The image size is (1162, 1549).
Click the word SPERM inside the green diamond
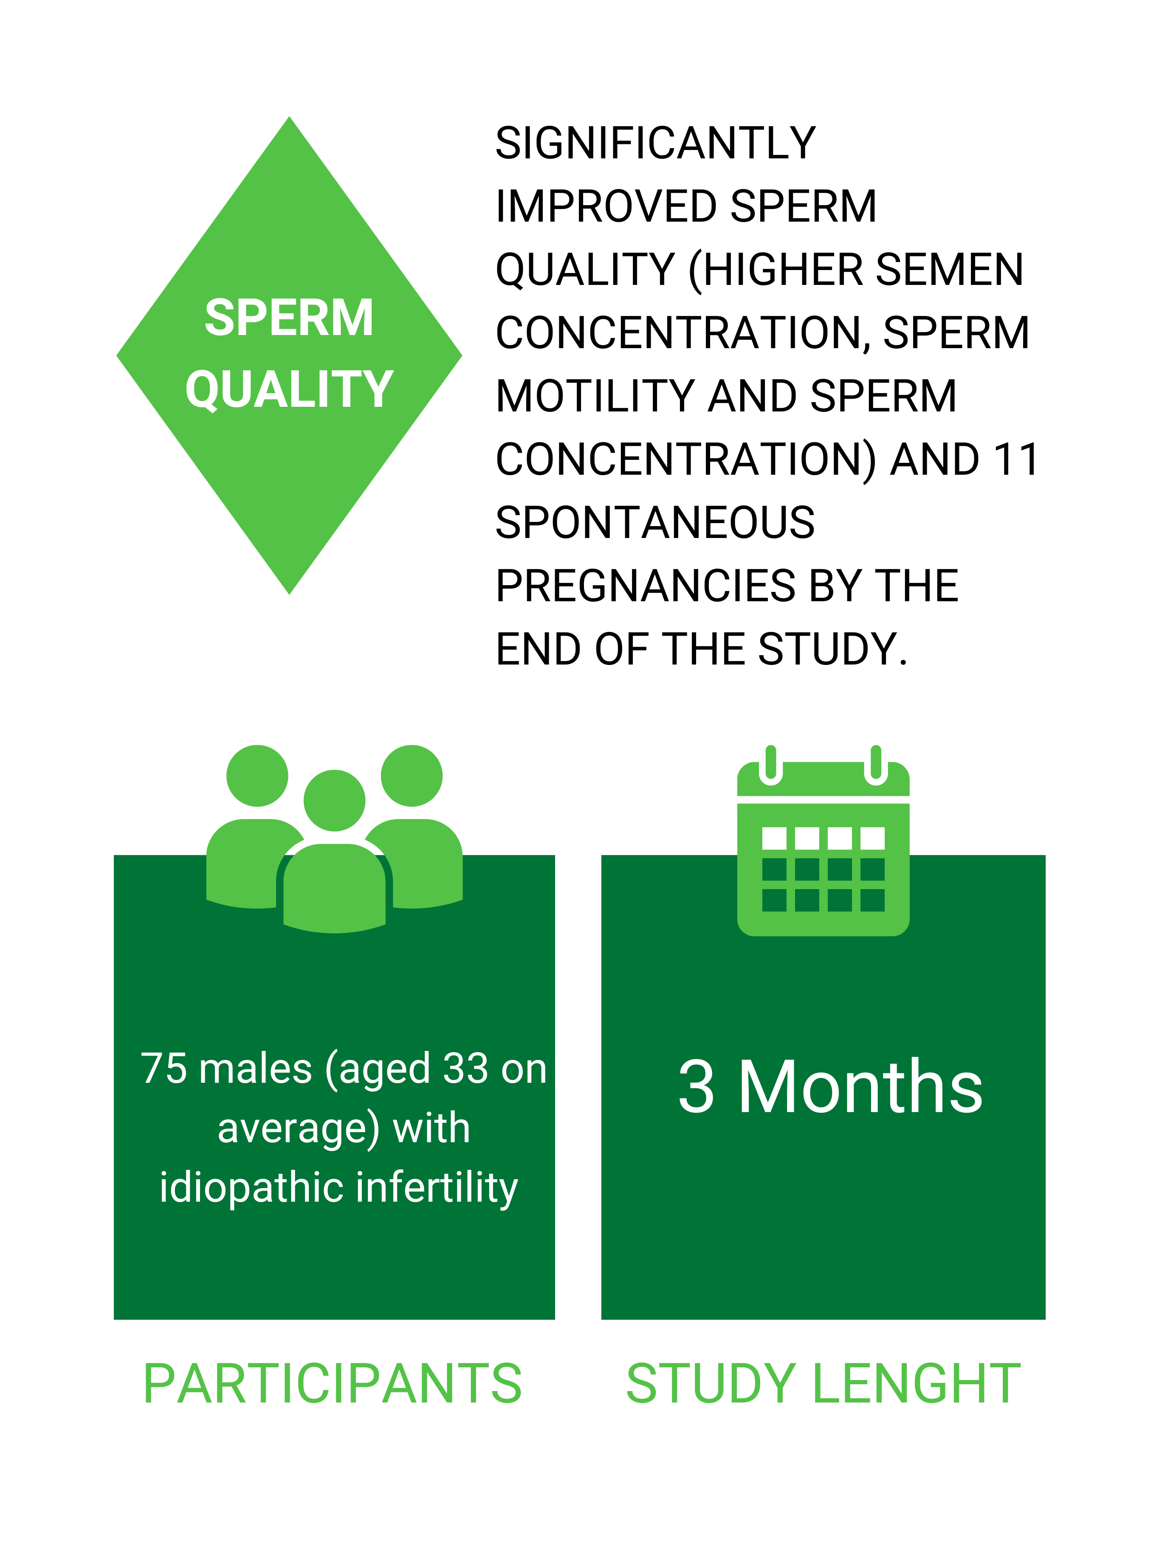coord(288,318)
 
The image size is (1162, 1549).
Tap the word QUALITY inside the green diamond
coord(288,389)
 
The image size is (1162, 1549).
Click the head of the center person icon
coord(334,800)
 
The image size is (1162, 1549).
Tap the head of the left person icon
coord(257,775)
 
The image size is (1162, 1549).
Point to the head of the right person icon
coord(412,775)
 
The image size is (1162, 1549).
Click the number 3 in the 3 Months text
coord(696,1087)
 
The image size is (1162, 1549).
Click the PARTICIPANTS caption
coord(333,1384)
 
